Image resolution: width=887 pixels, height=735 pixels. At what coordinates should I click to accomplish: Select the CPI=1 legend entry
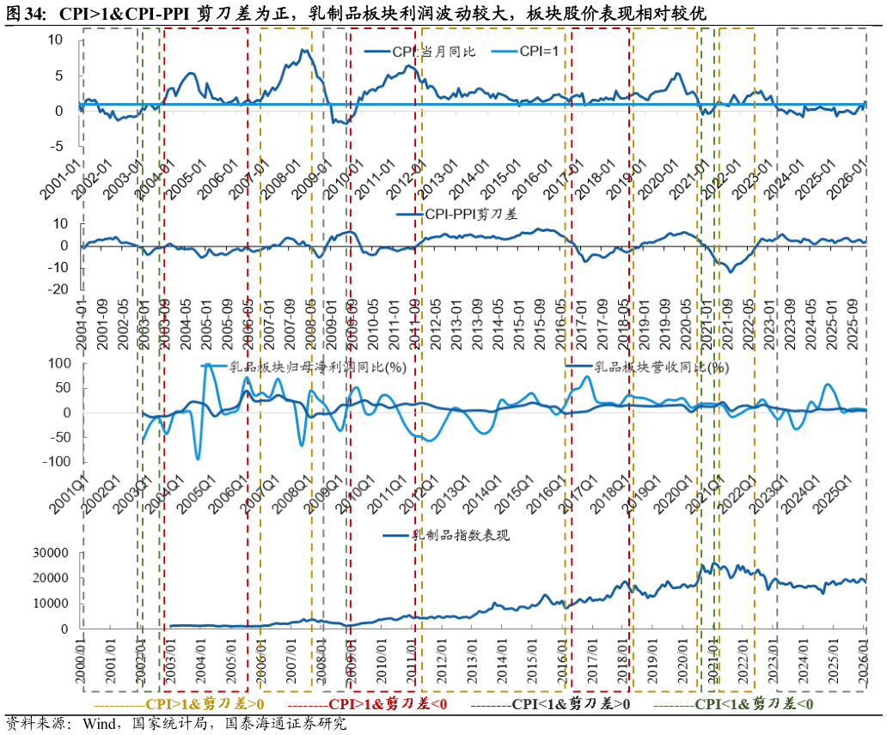pyautogui.click(x=540, y=52)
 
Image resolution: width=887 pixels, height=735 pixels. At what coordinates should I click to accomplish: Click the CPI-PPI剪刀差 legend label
pyautogui.click(x=468, y=215)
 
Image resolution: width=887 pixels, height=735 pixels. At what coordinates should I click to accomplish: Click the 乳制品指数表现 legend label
pyautogui.click(x=461, y=536)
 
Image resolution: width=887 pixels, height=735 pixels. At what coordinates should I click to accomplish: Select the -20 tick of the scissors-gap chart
pyautogui.click(x=59, y=289)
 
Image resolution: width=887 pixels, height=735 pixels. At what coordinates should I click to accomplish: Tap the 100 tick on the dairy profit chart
pyautogui.click(x=54, y=364)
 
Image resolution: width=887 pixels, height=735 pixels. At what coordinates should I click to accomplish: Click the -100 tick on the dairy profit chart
pyautogui.click(x=52, y=462)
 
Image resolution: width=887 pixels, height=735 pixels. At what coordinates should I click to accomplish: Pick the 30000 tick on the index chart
pyautogui.click(x=50, y=553)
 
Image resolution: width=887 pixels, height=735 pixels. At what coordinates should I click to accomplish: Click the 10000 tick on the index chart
pyautogui.click(x=50, y=604)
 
